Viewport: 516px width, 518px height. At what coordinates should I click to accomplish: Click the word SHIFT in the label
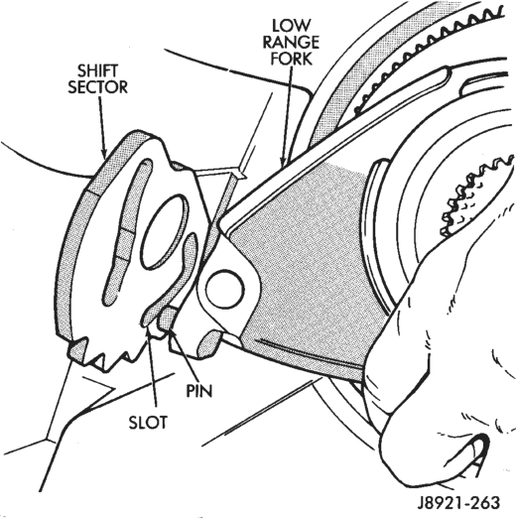coord(97,70)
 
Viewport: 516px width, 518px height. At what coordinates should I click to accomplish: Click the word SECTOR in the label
coord(98,87)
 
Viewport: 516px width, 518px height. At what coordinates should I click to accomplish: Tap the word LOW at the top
coord(292,26)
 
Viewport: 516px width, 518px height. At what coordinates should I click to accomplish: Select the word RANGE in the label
coord(291,43)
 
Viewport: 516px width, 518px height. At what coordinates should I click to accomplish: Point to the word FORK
coord(292,60)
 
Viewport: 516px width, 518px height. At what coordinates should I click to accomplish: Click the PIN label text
coord(199,391)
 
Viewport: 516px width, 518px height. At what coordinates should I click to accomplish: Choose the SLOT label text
coord(148,423)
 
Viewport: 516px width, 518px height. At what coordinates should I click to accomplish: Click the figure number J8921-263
coord(458,503)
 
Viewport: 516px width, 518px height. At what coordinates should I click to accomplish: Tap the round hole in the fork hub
coord(224,288)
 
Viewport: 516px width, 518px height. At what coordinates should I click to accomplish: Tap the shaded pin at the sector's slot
coord(167,319)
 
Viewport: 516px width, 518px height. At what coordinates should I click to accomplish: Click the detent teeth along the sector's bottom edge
coord(109,355)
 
